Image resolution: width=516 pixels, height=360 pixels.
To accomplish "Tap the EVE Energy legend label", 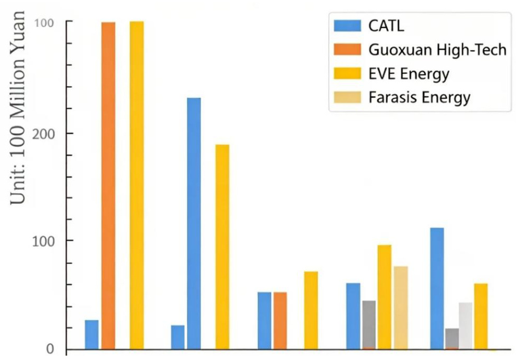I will [409, 73].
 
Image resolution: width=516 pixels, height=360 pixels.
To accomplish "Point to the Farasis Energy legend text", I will [419, 98].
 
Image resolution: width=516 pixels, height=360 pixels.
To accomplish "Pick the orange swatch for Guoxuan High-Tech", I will [347, 49].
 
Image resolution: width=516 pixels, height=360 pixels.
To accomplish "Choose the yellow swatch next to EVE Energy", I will [347, 73].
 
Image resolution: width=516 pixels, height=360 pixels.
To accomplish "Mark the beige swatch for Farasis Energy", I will [347, 98].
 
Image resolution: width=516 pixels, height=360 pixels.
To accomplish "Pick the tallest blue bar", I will [194, 223].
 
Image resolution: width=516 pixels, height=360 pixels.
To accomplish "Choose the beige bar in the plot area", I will [400, 307].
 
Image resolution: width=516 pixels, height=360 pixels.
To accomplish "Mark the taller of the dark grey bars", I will [369, 324].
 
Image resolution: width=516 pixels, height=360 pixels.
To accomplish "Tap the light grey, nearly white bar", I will [466, 325].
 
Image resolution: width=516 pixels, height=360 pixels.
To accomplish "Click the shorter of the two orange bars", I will [280, 321].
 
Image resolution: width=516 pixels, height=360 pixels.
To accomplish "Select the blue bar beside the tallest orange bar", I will [91, 334].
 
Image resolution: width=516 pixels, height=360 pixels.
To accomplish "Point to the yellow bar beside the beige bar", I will [385, 296].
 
